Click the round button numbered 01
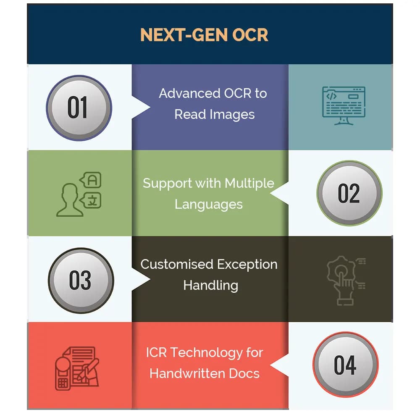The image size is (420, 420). (x=79, y=108)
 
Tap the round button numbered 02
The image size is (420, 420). (x=349, y=193)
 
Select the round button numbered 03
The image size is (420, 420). (x=81, y=281)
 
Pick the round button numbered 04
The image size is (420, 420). (x=346, y=365)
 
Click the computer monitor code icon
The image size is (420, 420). (x=344, y=105)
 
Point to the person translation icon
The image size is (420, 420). (x=79, y=194)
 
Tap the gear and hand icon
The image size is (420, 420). (x=346, y=281)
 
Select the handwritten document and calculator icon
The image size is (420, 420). (x=77, y=368)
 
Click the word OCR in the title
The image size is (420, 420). (x=250, y=35)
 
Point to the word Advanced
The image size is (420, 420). (x=190, y=94)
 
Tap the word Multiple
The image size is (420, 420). (x=249, y=184)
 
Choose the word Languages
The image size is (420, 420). (x=209, y=205)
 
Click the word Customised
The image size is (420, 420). (x=177, y=264)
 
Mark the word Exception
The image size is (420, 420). (x=247, y=265)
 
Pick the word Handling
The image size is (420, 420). (x=211, y=286)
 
